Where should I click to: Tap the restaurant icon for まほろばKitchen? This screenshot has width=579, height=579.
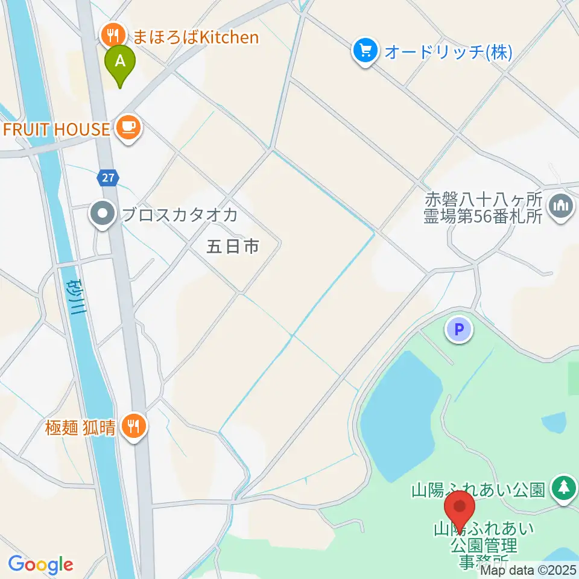112,35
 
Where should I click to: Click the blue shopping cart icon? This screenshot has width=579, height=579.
365,51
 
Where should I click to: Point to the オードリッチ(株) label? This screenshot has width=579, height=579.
448,52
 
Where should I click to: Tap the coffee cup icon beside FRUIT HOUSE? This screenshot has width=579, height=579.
128,127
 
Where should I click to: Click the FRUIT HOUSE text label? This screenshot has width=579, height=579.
57,128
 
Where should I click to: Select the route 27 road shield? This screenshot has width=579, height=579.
107,177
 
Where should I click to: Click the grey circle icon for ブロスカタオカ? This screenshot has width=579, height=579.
103,214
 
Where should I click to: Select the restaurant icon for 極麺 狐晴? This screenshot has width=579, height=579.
133,426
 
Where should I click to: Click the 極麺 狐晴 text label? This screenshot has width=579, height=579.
80,428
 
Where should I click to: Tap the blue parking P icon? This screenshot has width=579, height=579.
459,330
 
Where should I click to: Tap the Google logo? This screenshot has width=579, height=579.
40,565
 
